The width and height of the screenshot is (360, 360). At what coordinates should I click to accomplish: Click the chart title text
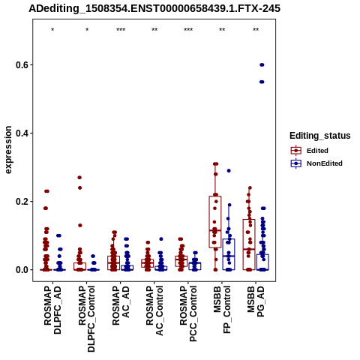154,8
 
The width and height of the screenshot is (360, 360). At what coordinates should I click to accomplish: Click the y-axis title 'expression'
8,150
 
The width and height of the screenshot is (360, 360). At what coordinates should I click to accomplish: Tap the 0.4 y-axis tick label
21,133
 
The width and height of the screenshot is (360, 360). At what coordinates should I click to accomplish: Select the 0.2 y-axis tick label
21,202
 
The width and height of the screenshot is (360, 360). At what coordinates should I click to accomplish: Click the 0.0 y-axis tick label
21,270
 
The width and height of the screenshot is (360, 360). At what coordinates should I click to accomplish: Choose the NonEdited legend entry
316,163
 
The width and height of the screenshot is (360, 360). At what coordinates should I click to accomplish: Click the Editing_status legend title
320,136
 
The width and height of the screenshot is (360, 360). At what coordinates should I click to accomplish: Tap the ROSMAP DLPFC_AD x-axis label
52,310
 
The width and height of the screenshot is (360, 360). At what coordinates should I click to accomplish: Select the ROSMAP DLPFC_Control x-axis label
87,319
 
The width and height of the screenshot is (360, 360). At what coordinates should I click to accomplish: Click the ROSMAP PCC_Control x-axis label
188,313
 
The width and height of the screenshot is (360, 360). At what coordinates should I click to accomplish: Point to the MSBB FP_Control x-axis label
222,310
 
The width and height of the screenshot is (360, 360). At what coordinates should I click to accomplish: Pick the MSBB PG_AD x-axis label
256,301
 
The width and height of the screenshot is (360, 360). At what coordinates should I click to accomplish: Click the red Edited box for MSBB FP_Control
215,222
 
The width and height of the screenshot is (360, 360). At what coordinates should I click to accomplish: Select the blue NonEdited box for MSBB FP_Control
229,254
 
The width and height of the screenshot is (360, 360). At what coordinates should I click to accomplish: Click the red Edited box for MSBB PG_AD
249,244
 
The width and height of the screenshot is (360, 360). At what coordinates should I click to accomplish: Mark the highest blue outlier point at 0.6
262,65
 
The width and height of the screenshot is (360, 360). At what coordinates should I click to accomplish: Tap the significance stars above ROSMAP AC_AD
121,30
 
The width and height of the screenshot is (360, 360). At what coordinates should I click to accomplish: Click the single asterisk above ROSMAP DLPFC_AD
52,30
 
